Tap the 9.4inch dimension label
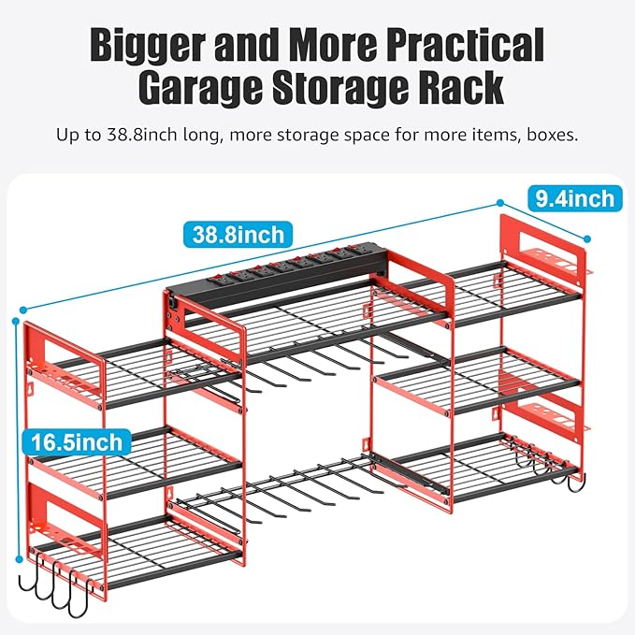(x=574, y=198)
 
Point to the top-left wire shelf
(x=140, y=369)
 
